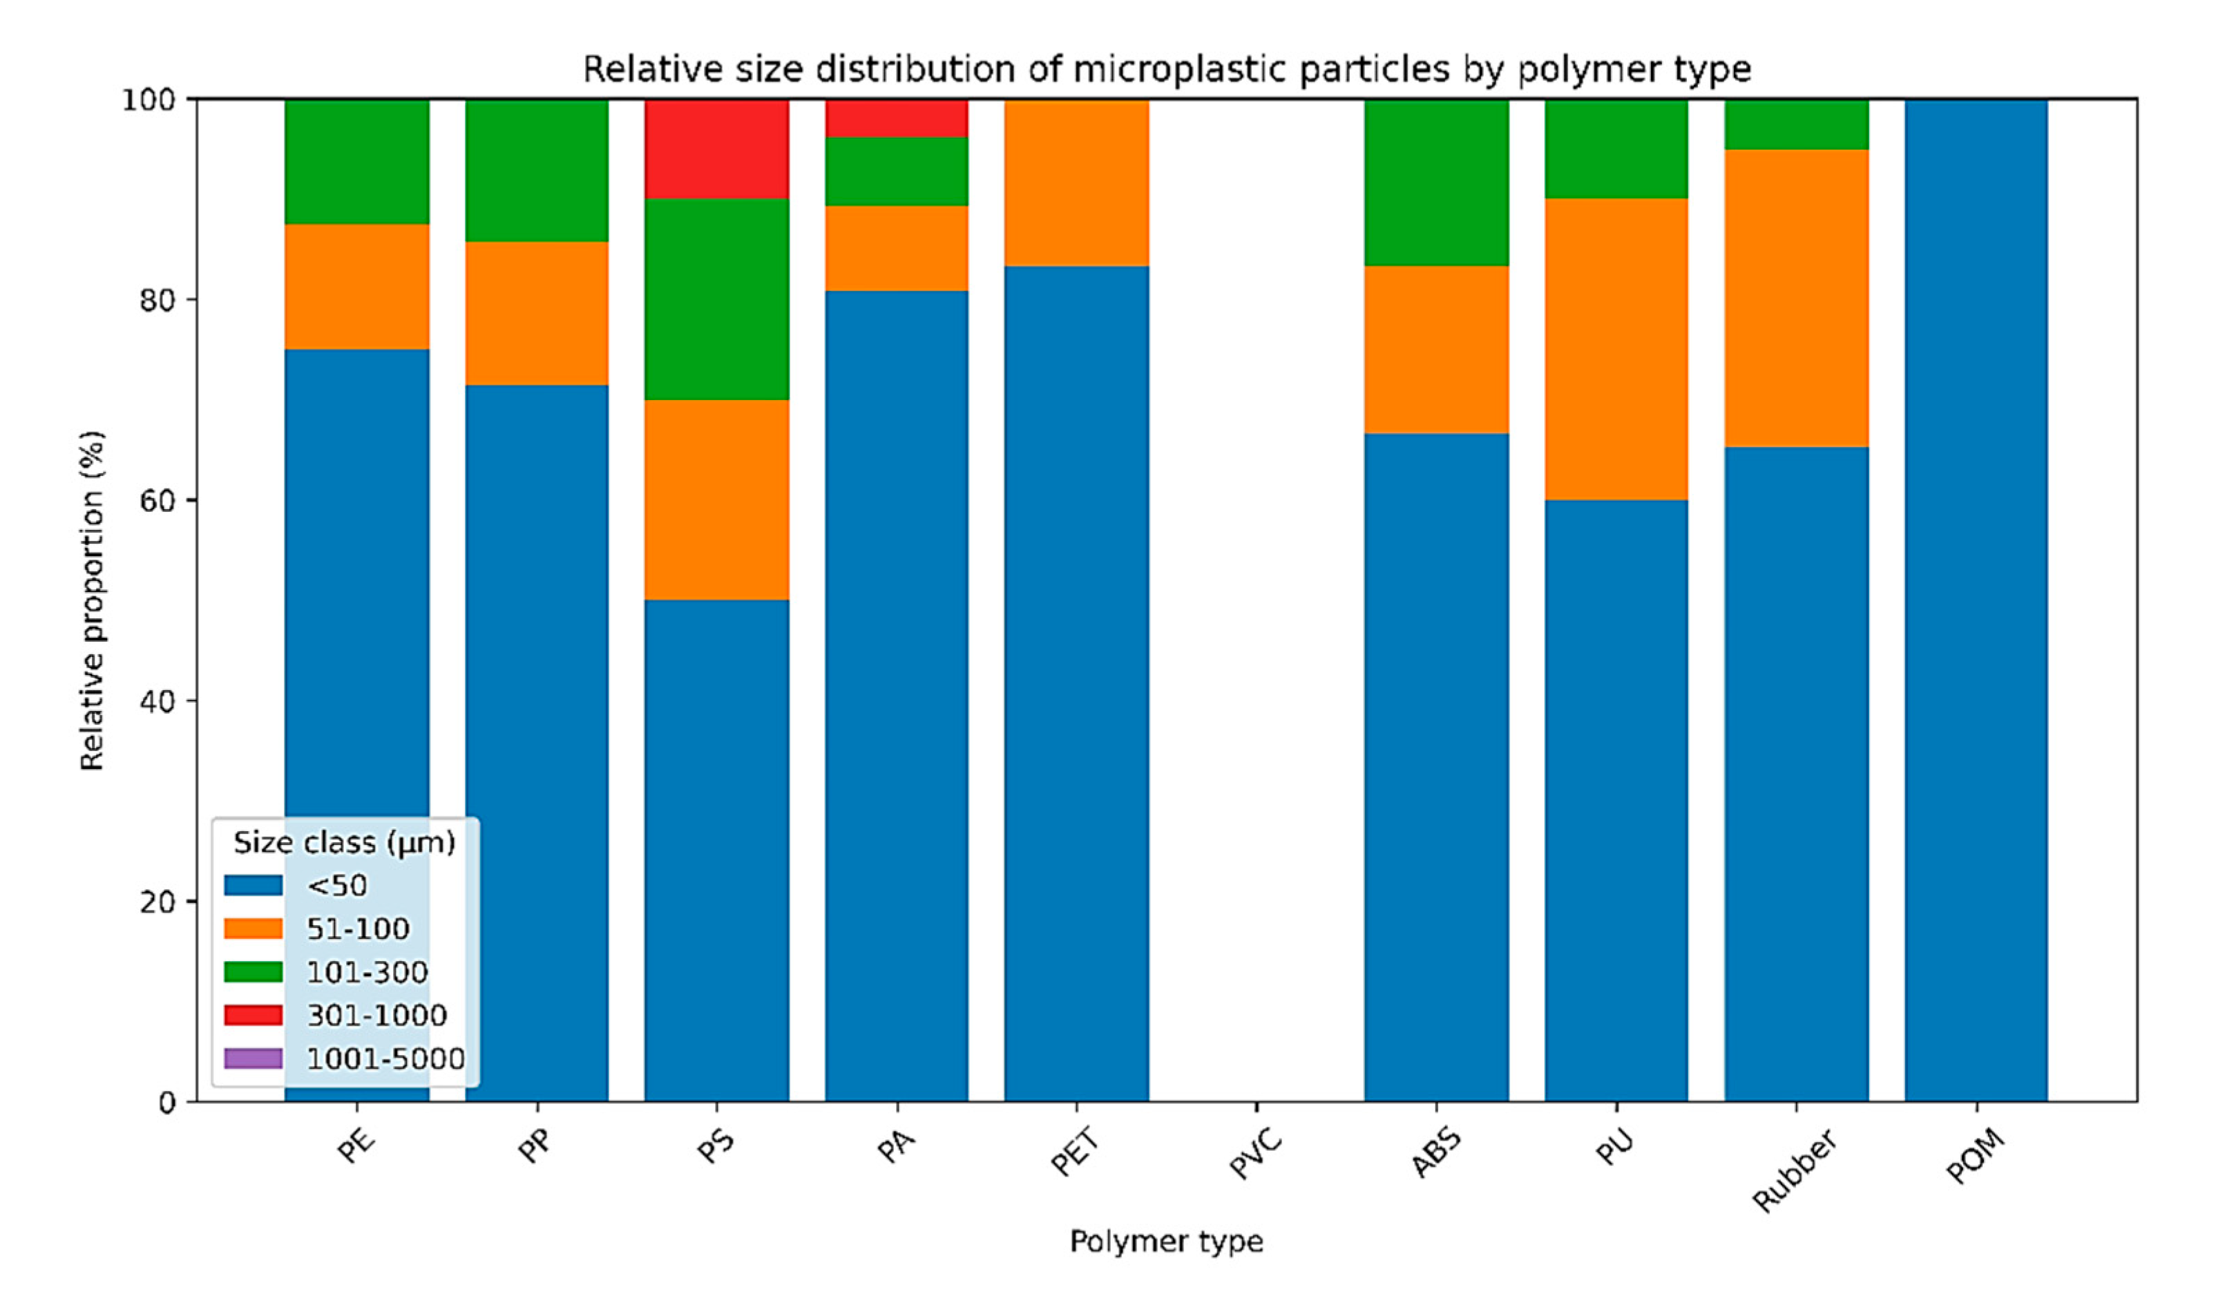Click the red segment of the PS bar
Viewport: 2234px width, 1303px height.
click(x=716, y=149)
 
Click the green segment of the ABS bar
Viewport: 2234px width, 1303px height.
click(x=1436, y=182)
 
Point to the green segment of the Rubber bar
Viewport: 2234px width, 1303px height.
click(x=1796, y=124)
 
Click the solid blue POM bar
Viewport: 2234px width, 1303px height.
click(x=1976, y=600)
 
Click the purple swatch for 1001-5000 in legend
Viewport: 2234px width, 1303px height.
click(x=254, y=1058)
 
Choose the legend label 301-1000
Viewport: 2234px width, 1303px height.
click(x=376, y=1015)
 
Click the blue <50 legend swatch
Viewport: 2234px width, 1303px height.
click(x=254, y=884)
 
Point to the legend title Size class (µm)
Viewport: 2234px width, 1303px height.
click(x=344, y=842)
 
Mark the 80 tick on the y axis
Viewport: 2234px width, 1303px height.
click(x=157, y=300)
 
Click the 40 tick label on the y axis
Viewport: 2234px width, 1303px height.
click(x=157, y=701)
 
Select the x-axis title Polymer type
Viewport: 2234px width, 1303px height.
click(x=1166, y=1241)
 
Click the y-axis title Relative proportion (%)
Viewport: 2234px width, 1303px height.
click(x=92, y=600)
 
